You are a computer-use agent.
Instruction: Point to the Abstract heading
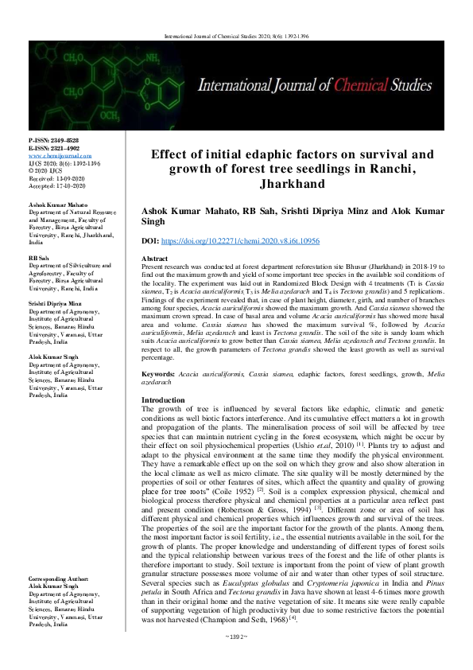[x=154, y=259]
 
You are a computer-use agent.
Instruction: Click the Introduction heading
[x=162, y=399]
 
